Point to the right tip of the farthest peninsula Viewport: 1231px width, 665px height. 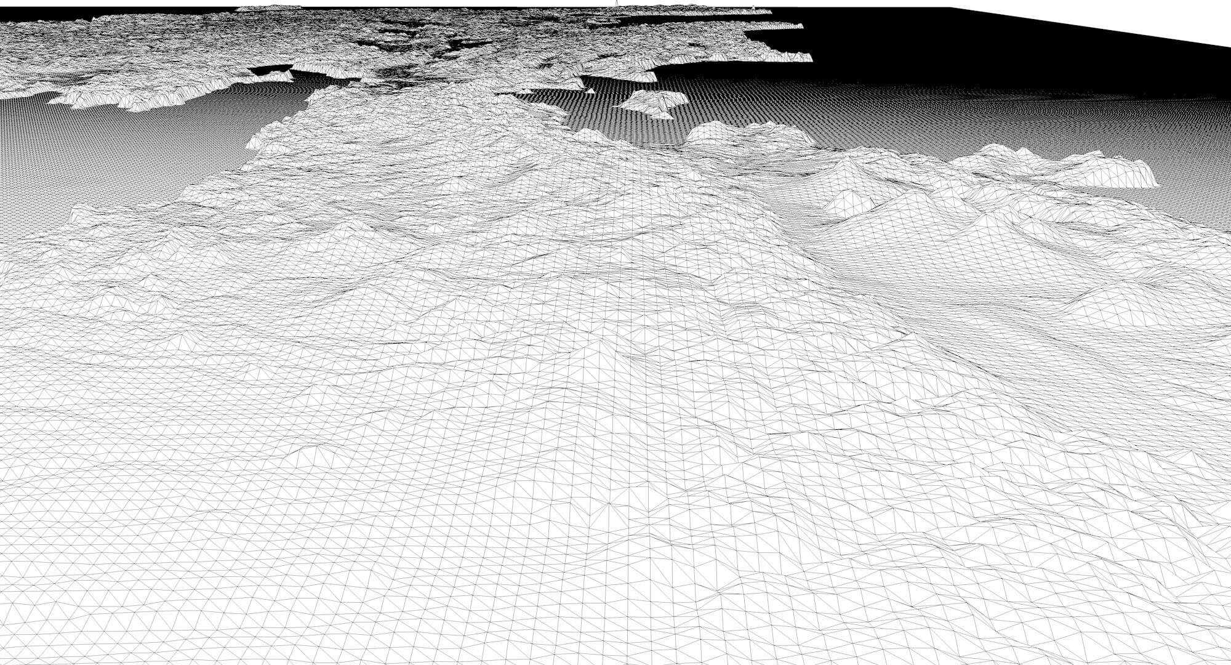[771, 12]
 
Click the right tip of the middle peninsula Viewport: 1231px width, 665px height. [801, 26]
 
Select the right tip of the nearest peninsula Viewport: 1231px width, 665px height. [811, 58]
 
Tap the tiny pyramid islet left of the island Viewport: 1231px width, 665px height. [590, 91]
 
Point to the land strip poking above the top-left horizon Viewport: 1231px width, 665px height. [268, 8]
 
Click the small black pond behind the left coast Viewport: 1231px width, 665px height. [271, 69]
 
